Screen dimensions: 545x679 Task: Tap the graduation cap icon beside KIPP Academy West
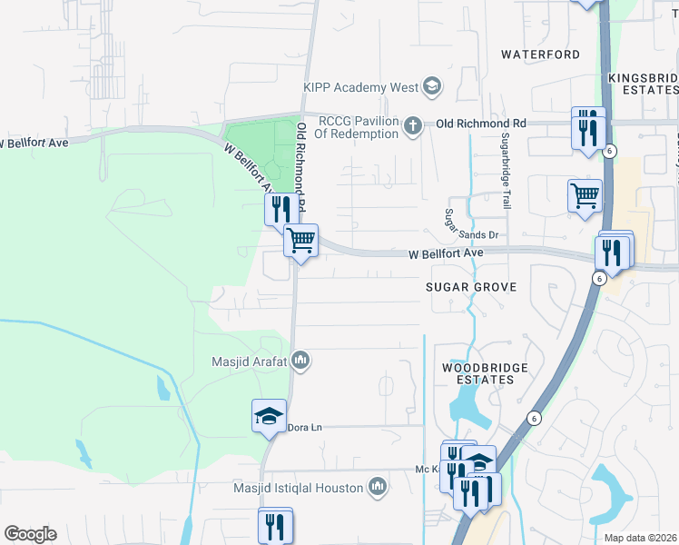point(432,87)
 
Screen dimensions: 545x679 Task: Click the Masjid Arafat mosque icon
point(301,362)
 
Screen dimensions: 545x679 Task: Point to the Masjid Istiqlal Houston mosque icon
point(379,488)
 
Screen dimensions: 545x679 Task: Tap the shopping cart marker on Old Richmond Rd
point(300,242)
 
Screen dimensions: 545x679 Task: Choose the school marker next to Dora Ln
point(269,417)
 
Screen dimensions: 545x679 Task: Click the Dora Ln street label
point(305,426)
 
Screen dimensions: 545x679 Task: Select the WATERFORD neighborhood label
point(541,54)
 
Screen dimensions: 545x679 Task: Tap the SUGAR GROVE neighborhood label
point(471,287)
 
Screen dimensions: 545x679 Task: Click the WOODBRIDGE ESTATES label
point(478,373)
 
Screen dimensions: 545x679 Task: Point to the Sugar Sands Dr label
point(472,235)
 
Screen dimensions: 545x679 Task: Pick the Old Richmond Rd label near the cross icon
point(481,123)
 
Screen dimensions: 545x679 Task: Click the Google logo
point(29,534)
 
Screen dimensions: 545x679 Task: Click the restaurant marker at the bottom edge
point(275,527)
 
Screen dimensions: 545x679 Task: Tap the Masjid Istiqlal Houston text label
point(311,488)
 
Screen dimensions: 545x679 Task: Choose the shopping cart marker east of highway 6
point(585,195)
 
